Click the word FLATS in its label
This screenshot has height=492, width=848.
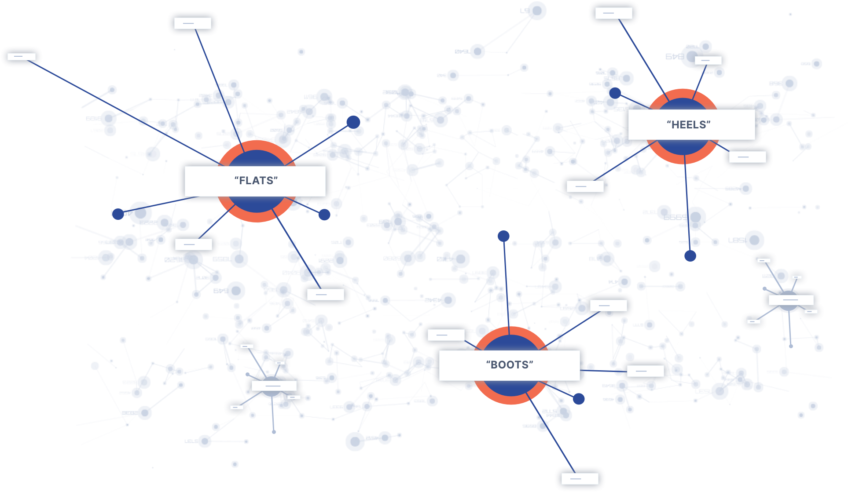[x=256, y=181]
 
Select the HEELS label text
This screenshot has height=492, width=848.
[x=689, y=125]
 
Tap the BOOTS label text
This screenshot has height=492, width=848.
[x=510, y=365]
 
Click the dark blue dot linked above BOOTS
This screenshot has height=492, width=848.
[x=503, y=236]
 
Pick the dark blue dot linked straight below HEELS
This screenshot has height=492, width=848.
[x=690, y=255]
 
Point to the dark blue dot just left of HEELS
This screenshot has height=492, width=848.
[x=615, y=93]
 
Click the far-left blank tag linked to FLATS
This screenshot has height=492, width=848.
[x=21, y=57]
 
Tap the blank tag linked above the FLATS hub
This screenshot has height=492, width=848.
[x=192, y=23]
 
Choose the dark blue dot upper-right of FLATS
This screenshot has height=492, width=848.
[x=353, y=122]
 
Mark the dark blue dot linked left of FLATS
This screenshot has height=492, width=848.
[x=118, y=214]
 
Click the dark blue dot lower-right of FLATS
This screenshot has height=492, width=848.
[x=324, y=215]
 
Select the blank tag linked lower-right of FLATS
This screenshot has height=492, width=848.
[x=325, y=294]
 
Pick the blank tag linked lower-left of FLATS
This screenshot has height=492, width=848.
[x=193, y=244]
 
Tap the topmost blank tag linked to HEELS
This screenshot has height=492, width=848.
[x=613, y=13]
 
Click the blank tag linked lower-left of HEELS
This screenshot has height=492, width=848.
[x=585, y=186]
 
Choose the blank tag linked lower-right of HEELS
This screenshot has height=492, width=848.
[x=747, y=157]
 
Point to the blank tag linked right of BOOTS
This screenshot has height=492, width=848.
[x=645, y=371]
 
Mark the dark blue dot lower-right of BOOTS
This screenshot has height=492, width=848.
[x=579, y=399]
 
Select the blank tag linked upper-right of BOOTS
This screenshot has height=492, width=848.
[x=608, y=305]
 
